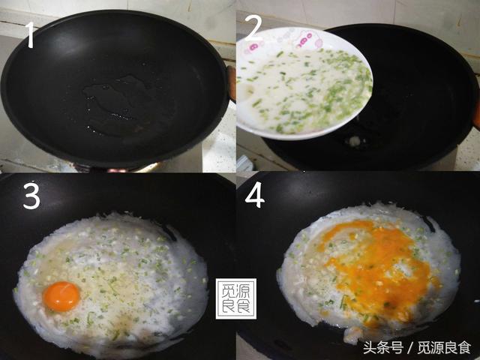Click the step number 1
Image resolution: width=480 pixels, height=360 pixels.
click(x=30, y=35)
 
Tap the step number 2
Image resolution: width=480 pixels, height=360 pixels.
click(x=253, y=28)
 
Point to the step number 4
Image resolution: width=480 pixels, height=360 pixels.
click(x=255, y=195)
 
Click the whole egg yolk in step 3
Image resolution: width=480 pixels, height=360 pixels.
click(x=61, y=296)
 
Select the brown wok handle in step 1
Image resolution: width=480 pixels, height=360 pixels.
click(x=232, y=83)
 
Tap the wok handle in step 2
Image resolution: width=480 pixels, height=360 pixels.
click(x=477, y=113)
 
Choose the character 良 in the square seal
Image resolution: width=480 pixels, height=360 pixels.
click(x=228, y=306)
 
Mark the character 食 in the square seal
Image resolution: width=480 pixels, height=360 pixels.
click(x=243, y=306)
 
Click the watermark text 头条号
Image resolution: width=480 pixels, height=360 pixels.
click(x=383, y=348)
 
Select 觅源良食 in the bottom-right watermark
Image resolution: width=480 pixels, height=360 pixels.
click(x=445, y=348)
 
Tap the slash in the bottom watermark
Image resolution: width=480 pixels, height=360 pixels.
click(x=410, y=348)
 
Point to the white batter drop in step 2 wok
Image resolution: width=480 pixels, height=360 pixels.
click(x=355, y=141)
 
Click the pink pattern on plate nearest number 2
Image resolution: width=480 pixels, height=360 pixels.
click(x=253, y=47)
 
